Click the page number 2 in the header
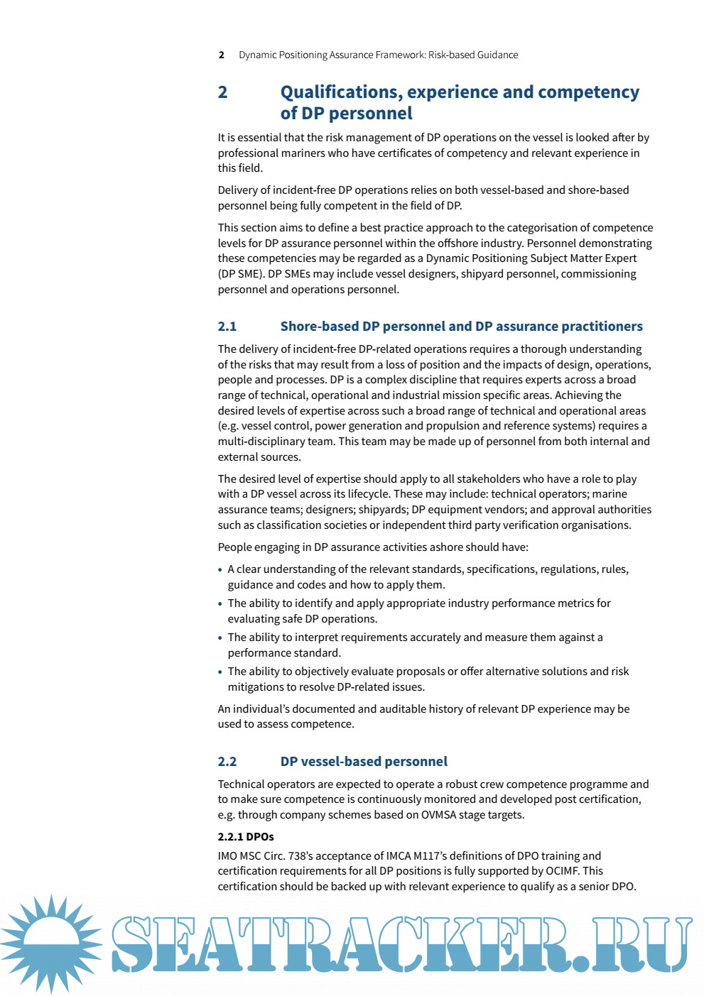coord(222,55)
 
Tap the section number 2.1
coord(227,327)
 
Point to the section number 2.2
coord(227,762)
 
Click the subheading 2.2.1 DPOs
coord(246,837)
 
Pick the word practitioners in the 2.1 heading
coord(602,327)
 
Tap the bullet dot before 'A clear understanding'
coord(220,570)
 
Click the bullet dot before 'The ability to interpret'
coord(220,638)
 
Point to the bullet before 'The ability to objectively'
coord(220,672)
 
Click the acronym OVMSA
coord(438,815)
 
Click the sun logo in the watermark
coord(52,943)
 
